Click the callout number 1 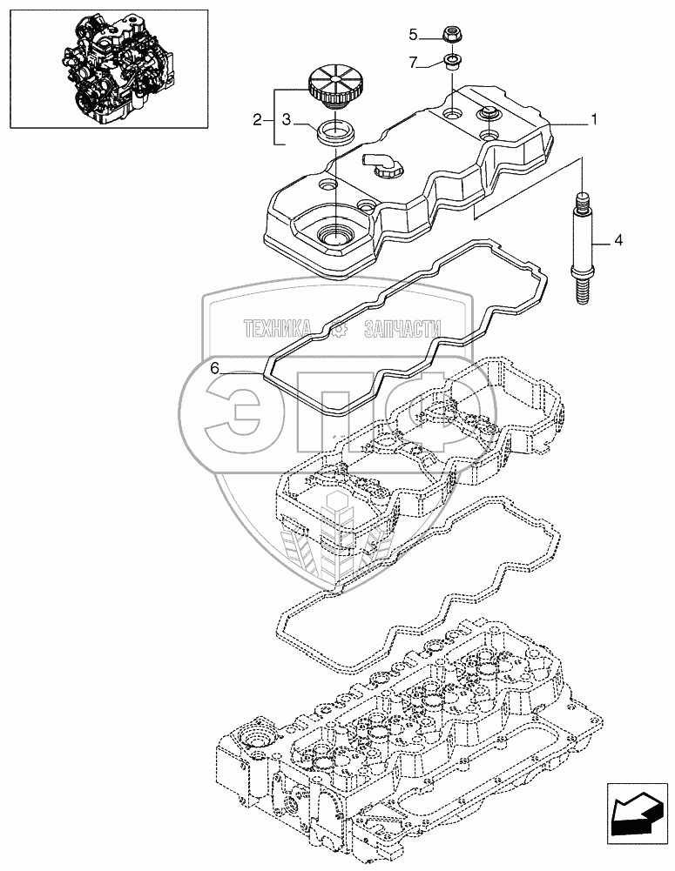click(594, 120)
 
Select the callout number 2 click(257, 119)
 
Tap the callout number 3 click(296, 119)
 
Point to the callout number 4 click(617, 238)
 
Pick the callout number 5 click(414, 35)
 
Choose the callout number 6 click(213, 369)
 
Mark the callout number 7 click(414, 62)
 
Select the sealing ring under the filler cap click(333, 132)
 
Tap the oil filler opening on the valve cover click(334, 232)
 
